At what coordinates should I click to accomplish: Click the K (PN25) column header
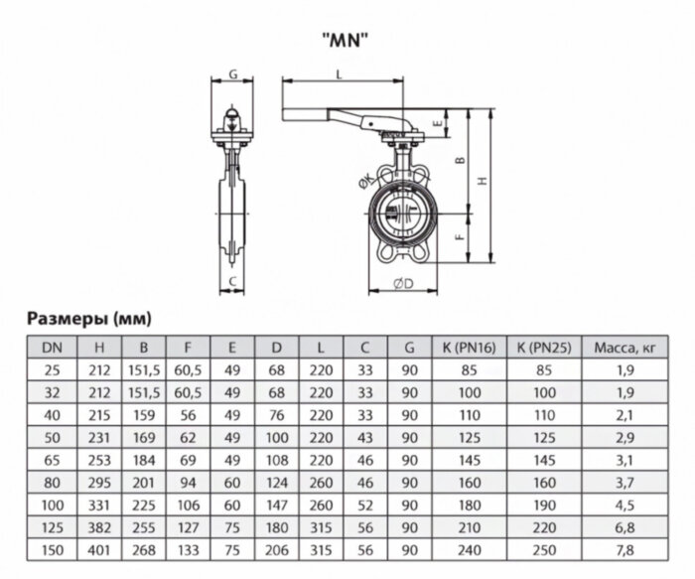click(x=542, y=347)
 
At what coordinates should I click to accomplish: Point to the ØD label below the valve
click(x=403, y=284)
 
